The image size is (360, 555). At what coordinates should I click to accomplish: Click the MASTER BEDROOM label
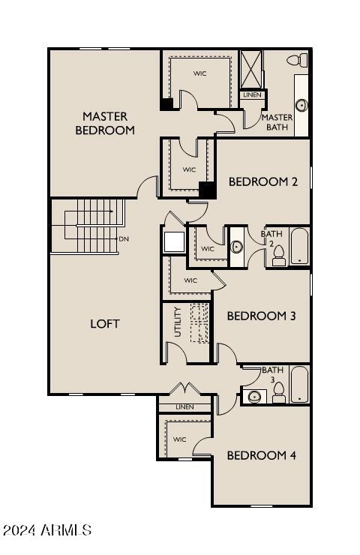click(105, 123)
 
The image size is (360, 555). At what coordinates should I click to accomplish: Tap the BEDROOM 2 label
click(258, 181)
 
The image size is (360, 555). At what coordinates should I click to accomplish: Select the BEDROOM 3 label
click(261, 316)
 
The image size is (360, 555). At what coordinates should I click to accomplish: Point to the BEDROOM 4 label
click(256, 455)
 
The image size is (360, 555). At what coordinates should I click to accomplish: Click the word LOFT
click(105, 324)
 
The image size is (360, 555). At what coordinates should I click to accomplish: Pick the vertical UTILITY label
click(178, 322)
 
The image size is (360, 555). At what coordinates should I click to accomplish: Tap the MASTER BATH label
click(277, 122)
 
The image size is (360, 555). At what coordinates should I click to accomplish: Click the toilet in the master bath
click(298, 60)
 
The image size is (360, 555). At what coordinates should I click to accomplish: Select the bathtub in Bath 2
click(299, 246)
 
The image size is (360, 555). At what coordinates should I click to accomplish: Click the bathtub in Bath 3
click(300, 385)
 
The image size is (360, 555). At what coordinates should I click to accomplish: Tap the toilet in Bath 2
click(279, 255)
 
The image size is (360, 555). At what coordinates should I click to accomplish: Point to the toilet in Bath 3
click(278, 392)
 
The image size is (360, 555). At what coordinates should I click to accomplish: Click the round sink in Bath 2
click(237, 247)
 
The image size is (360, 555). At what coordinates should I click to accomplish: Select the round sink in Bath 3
click(254, 396)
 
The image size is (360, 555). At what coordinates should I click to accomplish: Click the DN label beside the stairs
click(123, 239)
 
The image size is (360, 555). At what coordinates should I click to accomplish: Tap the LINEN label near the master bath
click(252, 95)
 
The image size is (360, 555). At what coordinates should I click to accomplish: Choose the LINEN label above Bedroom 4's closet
click(184, 407)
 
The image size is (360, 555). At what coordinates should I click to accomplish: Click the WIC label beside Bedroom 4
click(180, 439)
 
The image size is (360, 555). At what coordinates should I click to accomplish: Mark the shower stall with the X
click(250, 69)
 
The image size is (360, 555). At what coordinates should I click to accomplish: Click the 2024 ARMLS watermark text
click(46, 530)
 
